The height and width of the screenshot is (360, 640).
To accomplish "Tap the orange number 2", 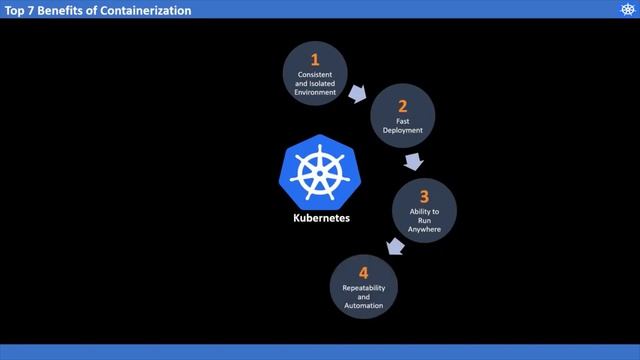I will [x=402, y=106].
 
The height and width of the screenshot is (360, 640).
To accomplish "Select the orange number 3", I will [x=424, y=197].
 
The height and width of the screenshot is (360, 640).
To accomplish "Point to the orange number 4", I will [x=363, y=272].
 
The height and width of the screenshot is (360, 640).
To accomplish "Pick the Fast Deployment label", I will [x=402, y=126].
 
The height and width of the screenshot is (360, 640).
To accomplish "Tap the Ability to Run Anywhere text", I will [x=424, y=221].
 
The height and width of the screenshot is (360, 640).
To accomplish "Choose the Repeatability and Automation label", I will [x=363, y=296].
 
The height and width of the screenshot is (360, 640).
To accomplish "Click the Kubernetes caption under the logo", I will [x=321, y=216].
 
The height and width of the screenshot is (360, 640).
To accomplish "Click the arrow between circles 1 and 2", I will [x=357, y=94].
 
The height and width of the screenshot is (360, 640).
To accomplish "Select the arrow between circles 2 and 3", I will [x=412, y=162].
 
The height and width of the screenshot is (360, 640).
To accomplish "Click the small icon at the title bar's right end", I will [x=627, y=9].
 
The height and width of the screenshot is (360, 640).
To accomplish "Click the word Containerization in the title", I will [x=148, y=9].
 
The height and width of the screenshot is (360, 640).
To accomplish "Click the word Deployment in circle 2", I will [x=402, y=130].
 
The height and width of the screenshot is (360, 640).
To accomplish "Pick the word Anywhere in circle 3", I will [x=424, y=230].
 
